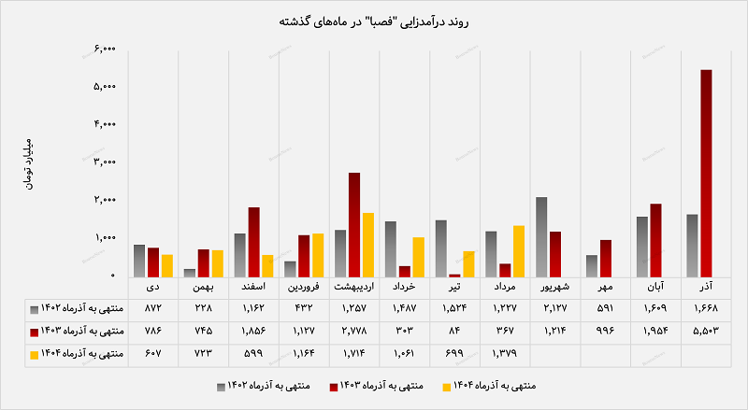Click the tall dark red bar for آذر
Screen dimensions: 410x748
pyautogui.click(x=706, y=173)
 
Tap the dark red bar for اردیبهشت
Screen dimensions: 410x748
pyautogui.click(x=354, y=224)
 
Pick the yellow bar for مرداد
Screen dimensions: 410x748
pyautogui.click(x=519, y=251)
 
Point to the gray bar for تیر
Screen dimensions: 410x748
pyautogui.click(x=441, y=248)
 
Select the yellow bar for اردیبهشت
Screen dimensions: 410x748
pyautogui.click(x=367, y=245)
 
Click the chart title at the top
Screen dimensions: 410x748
pyautogui.click(x=373, y=19)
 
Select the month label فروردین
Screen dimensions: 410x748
pyautogui.click(x=304, y=288)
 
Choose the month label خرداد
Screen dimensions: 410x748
pyautogui.click(x=404, y=288)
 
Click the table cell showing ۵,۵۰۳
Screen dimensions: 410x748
pyautogui.click(x=707, y=331)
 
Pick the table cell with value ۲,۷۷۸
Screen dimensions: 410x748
pyautogui.click(x=354, y=331)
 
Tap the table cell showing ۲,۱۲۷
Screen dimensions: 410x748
pyautogui.click(x=555, y=308)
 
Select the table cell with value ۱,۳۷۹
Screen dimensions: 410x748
pyautogui.click(x=505, y=354)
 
